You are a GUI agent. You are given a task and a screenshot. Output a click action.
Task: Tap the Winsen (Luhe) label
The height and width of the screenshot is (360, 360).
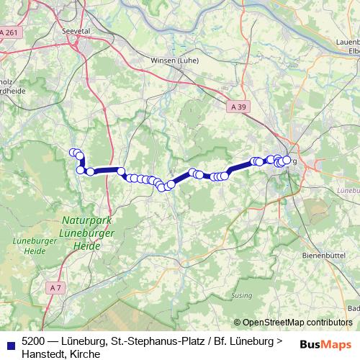(174, 60)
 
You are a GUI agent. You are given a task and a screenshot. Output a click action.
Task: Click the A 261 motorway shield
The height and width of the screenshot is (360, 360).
(9, 33)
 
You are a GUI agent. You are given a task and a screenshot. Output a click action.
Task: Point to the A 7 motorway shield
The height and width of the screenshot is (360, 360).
(56, 288)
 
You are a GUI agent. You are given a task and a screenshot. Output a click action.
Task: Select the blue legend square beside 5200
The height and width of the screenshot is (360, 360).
(9, 341)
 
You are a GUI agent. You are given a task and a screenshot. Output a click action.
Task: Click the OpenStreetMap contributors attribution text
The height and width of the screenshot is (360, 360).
(297, 323)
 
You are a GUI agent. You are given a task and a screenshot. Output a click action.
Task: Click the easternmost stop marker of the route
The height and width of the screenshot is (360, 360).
(287, 160)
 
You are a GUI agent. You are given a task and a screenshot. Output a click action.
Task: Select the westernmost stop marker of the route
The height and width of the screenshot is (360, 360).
(73, 153)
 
